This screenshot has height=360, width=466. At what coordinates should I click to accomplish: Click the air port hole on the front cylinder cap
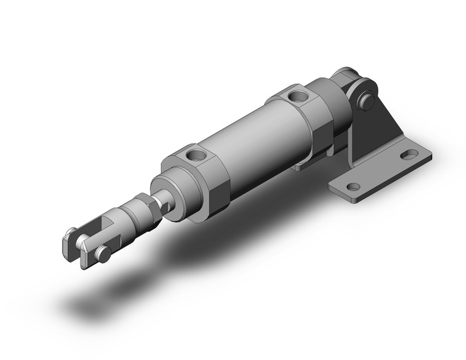tap(195, 155)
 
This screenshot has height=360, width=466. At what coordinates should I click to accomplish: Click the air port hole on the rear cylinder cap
tap(299, 96)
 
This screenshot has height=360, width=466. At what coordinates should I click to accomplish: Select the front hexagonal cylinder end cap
tap(202, 178)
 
